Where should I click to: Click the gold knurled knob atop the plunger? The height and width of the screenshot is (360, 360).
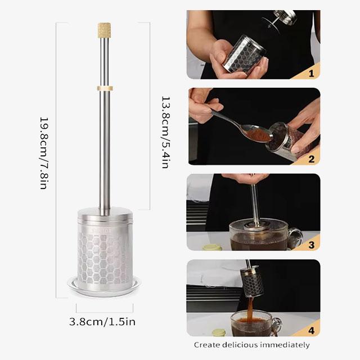tap(105, 29)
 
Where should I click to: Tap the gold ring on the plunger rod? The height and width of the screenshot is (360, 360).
tap(105, 88)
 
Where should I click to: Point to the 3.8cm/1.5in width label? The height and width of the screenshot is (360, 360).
tap(102, 322)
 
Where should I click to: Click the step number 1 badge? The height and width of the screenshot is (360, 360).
tap(310, 73)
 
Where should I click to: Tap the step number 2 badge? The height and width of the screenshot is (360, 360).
tap(310, 158)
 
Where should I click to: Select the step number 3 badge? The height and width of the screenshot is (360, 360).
tap(310, 244)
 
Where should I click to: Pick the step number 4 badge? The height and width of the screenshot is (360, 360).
tap(310, 330)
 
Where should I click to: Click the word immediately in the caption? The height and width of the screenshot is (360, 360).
tap(287, 345)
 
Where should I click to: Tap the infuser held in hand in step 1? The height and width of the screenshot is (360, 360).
tap(245, 54)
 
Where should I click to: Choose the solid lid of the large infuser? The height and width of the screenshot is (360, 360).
tap(105, 217)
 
